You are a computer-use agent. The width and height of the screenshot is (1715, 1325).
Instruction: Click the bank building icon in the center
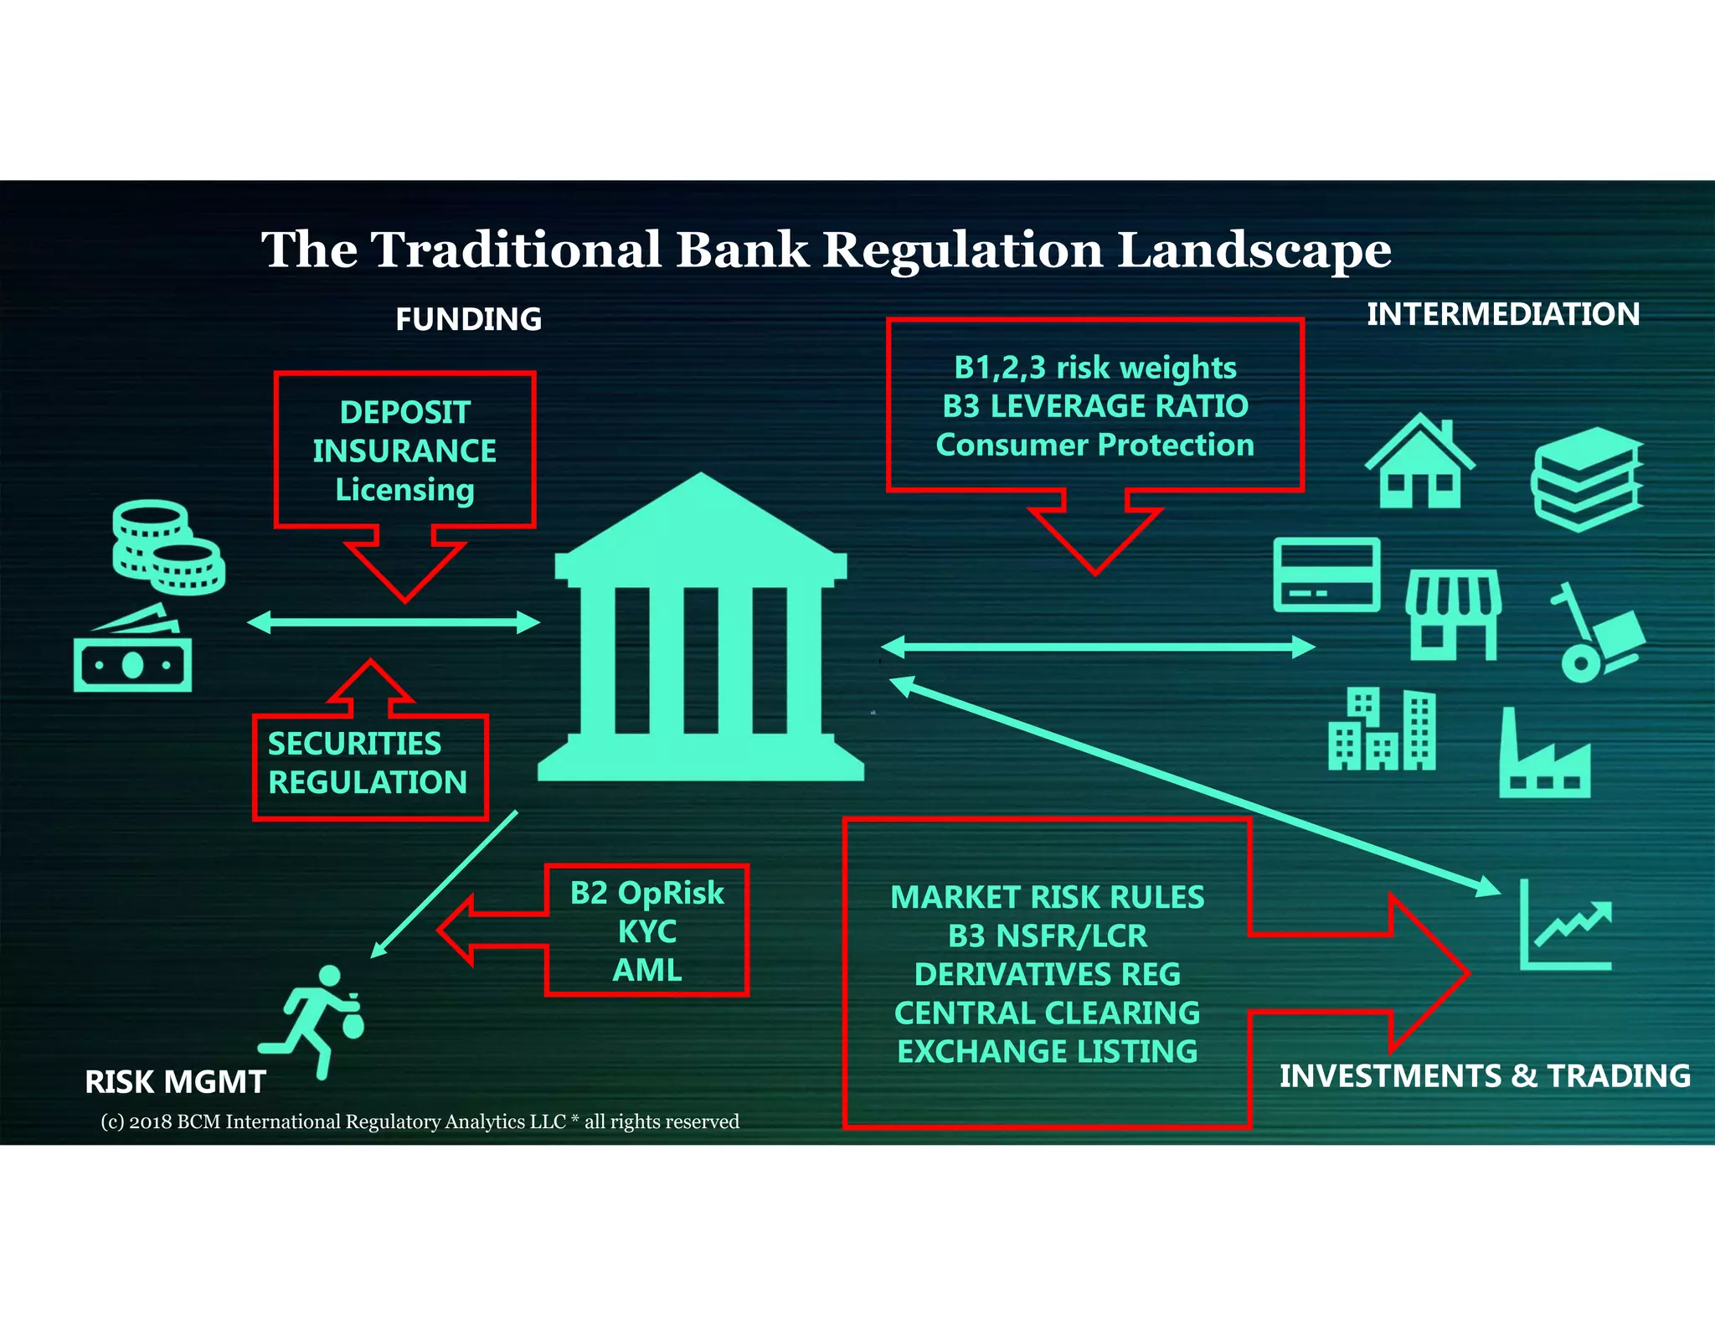(x=701, y=637)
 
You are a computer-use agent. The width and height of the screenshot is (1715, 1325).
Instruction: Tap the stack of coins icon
(x=167, y=549)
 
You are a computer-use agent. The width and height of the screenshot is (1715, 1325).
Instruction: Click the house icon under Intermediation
(x=1419, y=465)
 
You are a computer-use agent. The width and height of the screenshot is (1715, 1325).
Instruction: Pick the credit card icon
(x=1326, y=575)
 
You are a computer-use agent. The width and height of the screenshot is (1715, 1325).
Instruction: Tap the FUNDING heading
(x=468, y=319)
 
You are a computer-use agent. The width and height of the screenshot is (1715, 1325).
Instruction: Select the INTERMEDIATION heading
(x=1503, y=314)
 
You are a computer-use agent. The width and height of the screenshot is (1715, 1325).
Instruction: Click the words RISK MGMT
(x=175, y=1082)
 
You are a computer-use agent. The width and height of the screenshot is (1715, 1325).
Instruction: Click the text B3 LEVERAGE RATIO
(x=1094, y=406)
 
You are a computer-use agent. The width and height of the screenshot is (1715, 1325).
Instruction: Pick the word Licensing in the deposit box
(x=404, y=490)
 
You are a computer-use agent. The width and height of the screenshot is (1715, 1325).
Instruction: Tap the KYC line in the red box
(x=646, y=931)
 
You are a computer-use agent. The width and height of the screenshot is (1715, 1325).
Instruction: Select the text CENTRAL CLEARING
(x=1047, y=1013)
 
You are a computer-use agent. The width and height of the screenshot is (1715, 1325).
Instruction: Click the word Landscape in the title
(x=1254, y=250)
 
